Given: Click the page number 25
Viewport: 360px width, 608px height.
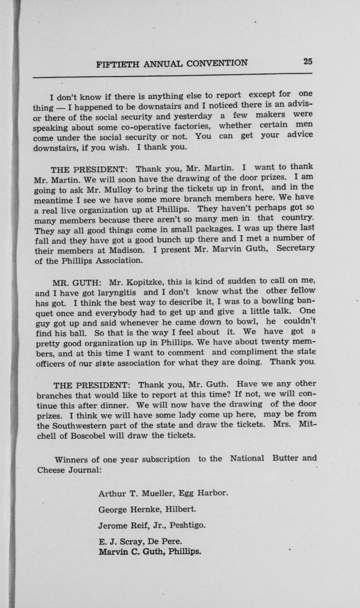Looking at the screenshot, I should pos(308,61).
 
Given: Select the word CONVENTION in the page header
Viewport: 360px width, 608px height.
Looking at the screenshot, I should pos(217,63).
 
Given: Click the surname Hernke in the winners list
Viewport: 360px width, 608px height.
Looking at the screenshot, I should pos(145,509).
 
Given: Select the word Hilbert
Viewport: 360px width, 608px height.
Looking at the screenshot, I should pos(181,509).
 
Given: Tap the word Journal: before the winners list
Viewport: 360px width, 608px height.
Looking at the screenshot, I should pos(85,470).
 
